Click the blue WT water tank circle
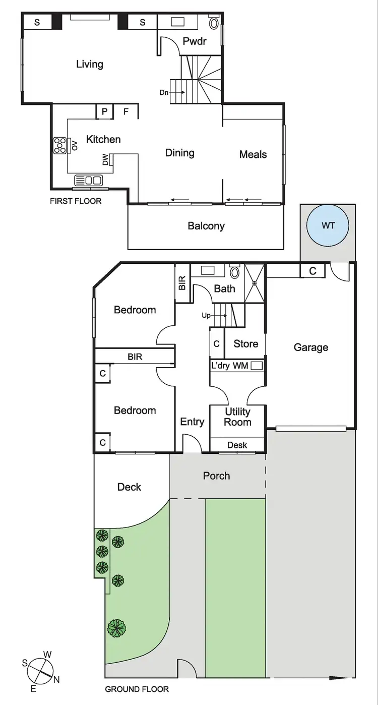328,226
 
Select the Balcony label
206,226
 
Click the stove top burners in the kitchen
59,145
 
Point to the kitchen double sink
88,180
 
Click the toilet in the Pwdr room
214,23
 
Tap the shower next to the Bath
255,283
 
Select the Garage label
310,347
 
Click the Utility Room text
237,417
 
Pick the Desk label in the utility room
237,445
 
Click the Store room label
245,344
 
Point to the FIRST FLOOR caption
75,201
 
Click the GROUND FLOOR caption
137,689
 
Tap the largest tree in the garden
116,628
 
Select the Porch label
216,476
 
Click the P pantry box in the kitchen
105,111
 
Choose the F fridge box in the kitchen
127,111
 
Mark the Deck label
129,487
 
